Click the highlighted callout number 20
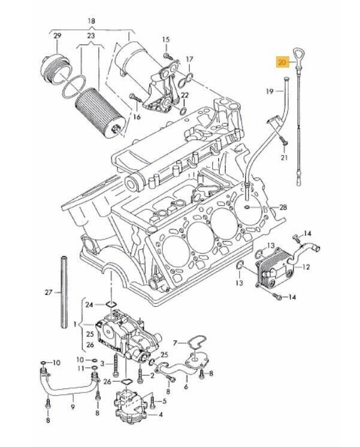[282, 61]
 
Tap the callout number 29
[58, 37]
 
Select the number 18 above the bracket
[91, 22]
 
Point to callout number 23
[91, 35]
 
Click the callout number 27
[49, 293]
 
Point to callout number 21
[284, 157]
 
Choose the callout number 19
[270, 91]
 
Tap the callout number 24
[89, 305]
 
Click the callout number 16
[136, 117]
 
